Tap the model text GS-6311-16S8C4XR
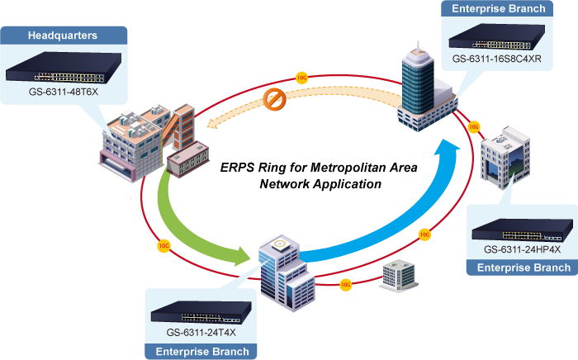pyautogui.click(x=496, y=60)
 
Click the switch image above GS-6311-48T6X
pyautogui.click(x=64, y=69)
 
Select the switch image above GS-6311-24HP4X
pyautogui.click(x=522, y=225)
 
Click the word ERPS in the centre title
pyautogui.click(x=236, y=168)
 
